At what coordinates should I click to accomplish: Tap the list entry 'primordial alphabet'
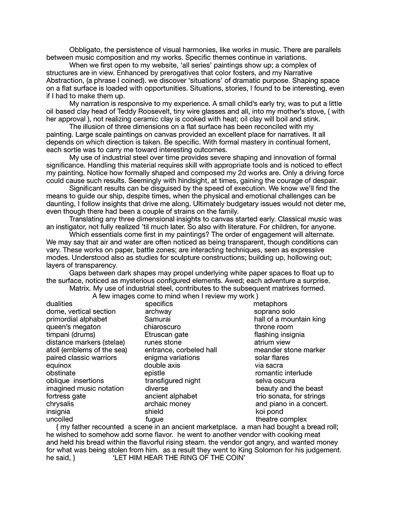(77, 319)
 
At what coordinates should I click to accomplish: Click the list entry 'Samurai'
(158, 319)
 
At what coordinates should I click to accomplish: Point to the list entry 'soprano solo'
(274, 312)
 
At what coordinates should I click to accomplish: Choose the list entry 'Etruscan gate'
(166, 334)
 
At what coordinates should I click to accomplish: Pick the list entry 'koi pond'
(269, 412)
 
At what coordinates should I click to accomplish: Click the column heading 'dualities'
(59, 304)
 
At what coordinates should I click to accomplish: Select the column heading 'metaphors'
(270, 304)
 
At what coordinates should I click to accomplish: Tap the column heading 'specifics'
(159, 304)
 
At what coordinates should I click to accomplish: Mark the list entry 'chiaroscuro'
(162, 327)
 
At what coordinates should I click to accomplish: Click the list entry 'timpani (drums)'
(71, 334)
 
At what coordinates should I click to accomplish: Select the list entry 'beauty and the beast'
(290, 389)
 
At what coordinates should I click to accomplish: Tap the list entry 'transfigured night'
(172, 381)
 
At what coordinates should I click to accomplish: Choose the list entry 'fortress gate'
(66, 396)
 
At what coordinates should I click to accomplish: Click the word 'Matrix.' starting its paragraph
(80, 289)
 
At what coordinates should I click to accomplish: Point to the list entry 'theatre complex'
(281, 419)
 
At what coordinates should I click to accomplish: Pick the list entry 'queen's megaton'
(73, 327)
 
